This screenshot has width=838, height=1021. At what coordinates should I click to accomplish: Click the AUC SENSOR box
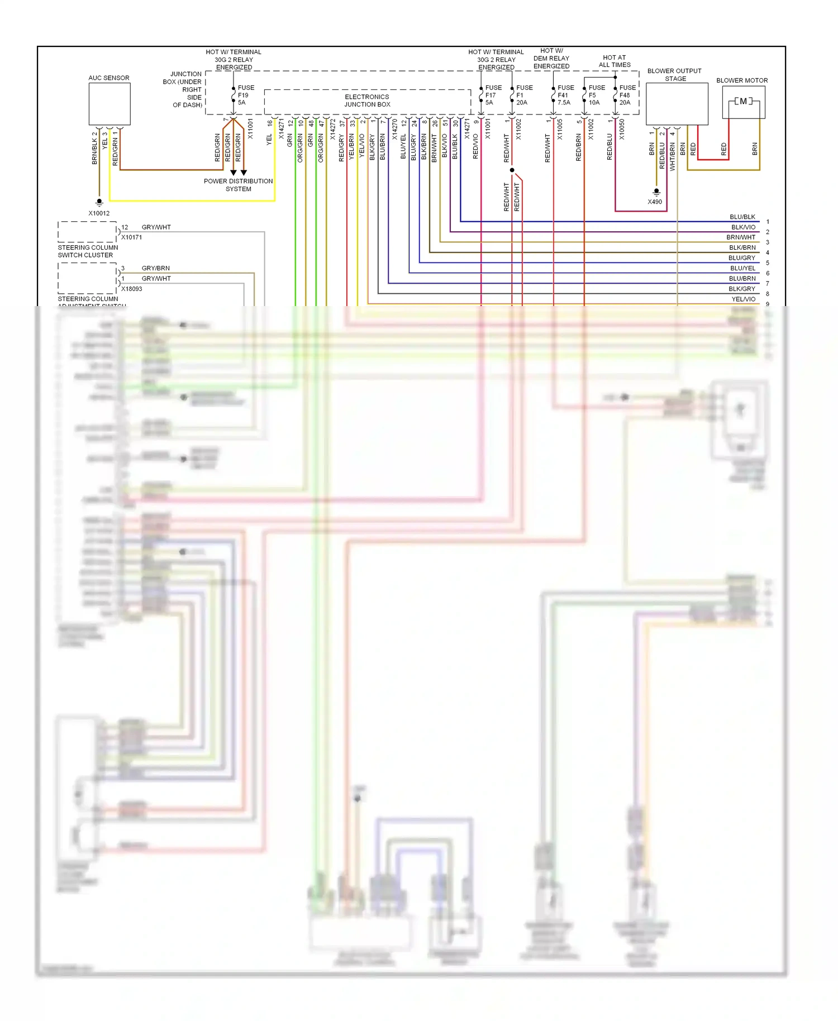point(109,104)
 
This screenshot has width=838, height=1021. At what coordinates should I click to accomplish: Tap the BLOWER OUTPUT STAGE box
point(677,104)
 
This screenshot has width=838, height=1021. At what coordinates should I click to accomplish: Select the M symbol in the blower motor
point(743,101)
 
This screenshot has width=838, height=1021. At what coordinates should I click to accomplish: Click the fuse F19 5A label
point(245,95)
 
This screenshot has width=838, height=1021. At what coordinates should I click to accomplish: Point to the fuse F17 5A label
point(493,95)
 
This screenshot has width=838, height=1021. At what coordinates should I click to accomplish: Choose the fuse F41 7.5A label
point(565,95)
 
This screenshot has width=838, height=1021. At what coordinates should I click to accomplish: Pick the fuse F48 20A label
point(627,95)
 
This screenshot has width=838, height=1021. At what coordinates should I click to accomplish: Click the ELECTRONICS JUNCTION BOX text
point(367,101)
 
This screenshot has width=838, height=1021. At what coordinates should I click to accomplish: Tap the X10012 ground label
point(99,213)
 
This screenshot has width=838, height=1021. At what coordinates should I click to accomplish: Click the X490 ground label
point(655,202)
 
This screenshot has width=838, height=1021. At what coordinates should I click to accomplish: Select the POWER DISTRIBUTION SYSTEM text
point(239,185)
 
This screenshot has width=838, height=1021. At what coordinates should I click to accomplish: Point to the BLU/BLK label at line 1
point(742,217)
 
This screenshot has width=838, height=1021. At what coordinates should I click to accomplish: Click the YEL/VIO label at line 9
point(743,299)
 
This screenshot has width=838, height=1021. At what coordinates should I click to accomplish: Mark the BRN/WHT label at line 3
point(741,237)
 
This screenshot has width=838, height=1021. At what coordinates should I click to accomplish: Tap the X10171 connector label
point(132,237)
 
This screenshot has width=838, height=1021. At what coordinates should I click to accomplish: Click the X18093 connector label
point(132,289)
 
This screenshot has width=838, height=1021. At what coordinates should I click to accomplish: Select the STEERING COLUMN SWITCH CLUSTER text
point(88,251)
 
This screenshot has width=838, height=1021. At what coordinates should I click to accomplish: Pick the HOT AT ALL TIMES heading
point(615,61)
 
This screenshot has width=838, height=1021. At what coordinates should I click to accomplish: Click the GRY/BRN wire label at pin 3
point(156,268)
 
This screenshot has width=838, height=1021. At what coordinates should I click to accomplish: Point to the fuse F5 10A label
point(596,95)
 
